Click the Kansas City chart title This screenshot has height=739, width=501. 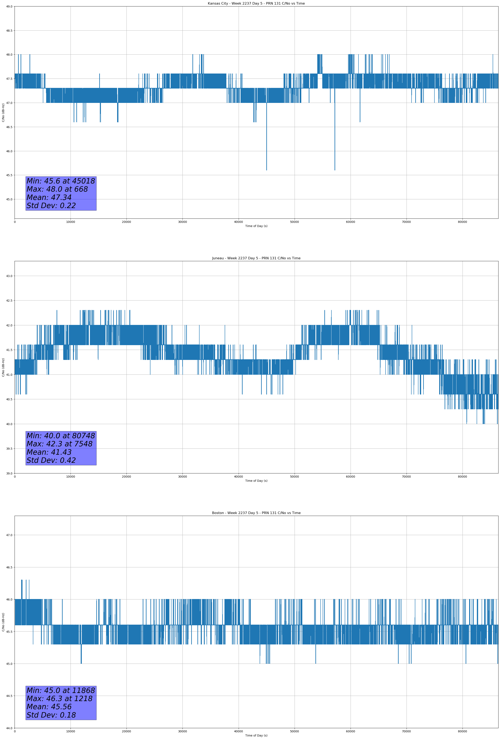256,4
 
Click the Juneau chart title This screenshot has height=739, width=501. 256,258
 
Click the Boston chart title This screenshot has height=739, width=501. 256,513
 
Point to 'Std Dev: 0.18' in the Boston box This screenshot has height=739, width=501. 51,715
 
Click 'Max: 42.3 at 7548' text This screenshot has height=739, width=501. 60,444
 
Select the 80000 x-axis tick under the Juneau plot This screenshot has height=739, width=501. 462,477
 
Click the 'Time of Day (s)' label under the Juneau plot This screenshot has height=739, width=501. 256,481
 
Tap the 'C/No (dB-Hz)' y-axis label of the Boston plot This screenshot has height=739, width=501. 3,622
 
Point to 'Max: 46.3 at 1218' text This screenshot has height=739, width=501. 60,699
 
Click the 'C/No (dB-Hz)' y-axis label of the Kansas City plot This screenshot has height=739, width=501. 3,112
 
